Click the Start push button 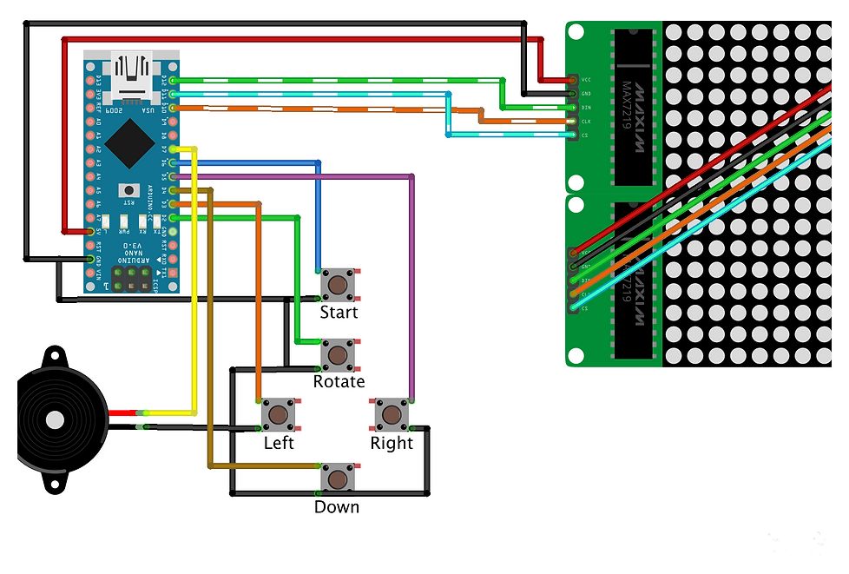[338, 283]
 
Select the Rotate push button [338, 354]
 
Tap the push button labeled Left [278, 414]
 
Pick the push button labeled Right [391, 414]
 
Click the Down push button [337, 478]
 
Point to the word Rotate [339, 382]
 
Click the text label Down [337, 507]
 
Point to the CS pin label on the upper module [586, 135]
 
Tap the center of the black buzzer [55, 420]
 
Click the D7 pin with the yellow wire [174, 148]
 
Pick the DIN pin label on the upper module [586, 108]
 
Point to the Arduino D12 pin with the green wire [174, 80]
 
